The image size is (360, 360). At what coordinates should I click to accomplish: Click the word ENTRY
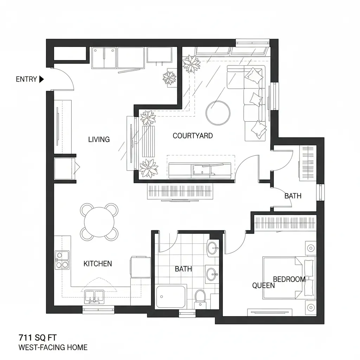tap(26, 79)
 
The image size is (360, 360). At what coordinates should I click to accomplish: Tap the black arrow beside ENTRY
tap(41, 79)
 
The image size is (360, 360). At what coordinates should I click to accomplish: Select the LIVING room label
tap(99, 140)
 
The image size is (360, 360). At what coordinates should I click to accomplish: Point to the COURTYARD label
tap(193, 136)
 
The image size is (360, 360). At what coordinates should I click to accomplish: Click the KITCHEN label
tap(98, 264)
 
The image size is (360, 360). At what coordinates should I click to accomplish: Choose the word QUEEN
tap(263, 286)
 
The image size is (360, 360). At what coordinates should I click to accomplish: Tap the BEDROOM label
tap(289, 279)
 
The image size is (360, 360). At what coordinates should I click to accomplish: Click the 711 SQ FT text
tap(37, 338)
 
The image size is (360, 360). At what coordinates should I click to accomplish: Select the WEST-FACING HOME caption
tap(53, 348)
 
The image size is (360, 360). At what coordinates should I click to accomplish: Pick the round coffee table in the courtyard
tap(218, 112)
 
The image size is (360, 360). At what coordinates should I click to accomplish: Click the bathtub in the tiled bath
tap(171, 296)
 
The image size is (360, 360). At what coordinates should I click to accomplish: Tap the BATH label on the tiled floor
tap(184, 269)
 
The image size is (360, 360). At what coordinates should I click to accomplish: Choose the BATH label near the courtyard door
tap(293, 196)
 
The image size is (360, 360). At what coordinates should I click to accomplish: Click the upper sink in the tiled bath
tap(213, 249)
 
